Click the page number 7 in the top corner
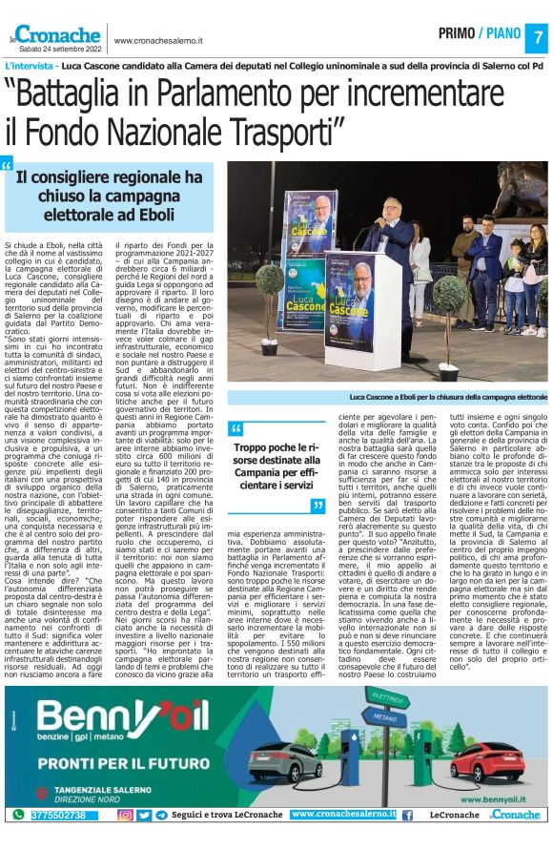(537, 36)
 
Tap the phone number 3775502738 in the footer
(57, 815)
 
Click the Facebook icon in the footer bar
(407, 815)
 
